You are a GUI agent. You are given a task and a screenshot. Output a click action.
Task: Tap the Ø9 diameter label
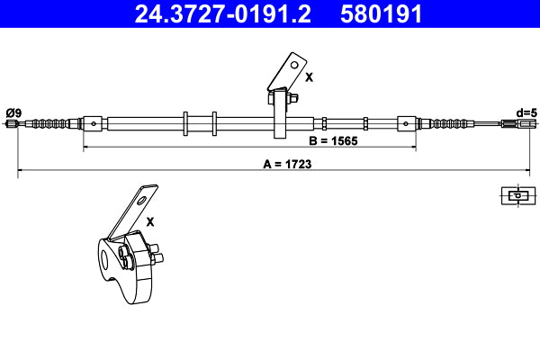(x=13, y=112)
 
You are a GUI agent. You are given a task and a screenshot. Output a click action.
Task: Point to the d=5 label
(x=525, y=112)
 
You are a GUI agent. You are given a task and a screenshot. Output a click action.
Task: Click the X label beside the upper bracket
(x=309, y=78)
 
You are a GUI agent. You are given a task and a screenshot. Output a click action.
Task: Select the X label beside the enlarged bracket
(x=150, y=220)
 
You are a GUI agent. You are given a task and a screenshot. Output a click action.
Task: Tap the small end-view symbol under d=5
(x=517, y=193)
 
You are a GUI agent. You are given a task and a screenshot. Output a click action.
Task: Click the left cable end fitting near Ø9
(x=13, y=123)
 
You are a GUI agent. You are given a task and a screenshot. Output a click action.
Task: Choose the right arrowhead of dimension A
(x=526, y=170)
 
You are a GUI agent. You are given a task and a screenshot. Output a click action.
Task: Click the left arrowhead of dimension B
(x=87, y=144)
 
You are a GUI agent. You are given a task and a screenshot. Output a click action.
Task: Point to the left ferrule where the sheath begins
(x=92, y=122)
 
